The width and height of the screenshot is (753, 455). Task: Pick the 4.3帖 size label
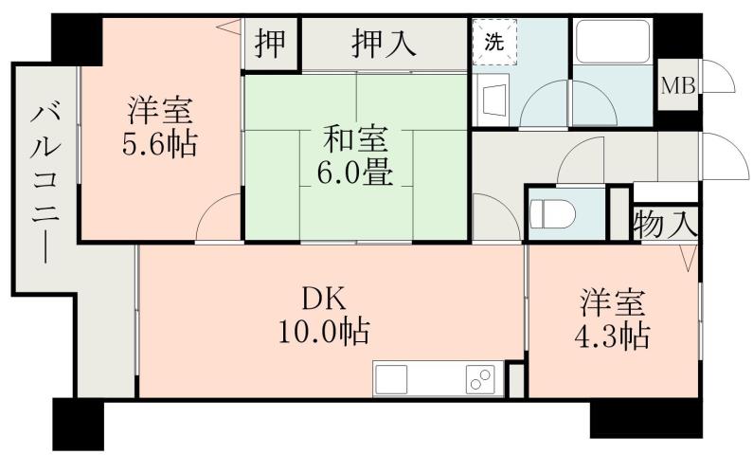click(x=613, y=335)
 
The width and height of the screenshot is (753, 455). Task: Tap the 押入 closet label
click(x=383, y=45)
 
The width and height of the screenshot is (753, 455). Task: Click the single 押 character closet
click(x=271, y=45)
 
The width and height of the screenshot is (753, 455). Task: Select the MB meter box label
click(x=677, y=87)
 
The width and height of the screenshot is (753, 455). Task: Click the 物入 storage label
click(x=666, y=225)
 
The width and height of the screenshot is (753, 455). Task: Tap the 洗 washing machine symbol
click(x=494, y=43)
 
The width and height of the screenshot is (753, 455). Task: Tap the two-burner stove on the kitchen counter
click(x=479, y=379)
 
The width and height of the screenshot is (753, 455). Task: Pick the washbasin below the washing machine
click(x=492, y=99)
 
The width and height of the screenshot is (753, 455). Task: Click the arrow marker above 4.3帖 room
click(x=688, y=255)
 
